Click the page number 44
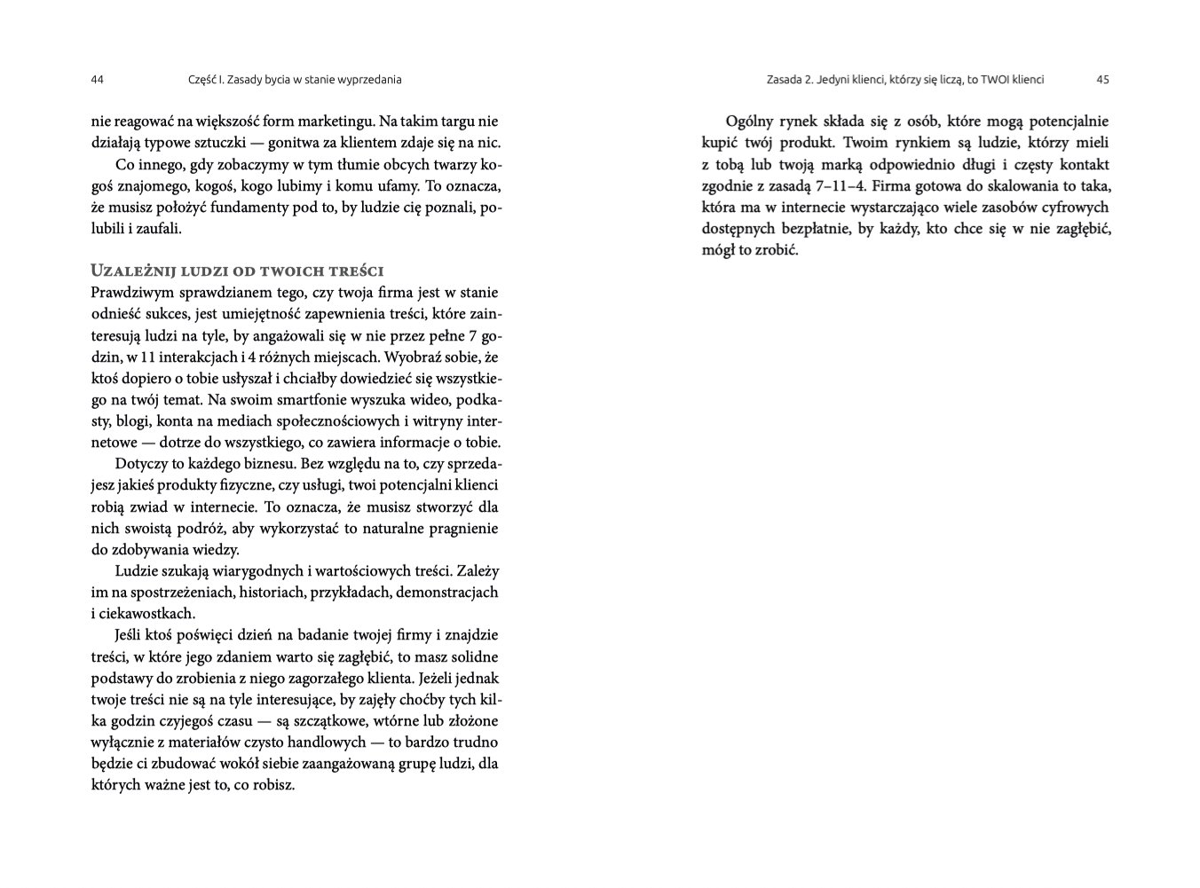point(98,80)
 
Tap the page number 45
point(1102,80)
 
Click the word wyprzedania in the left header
point(368,80)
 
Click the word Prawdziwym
point(129,293)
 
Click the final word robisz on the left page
point(273,786)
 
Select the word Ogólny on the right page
point(753,122)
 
